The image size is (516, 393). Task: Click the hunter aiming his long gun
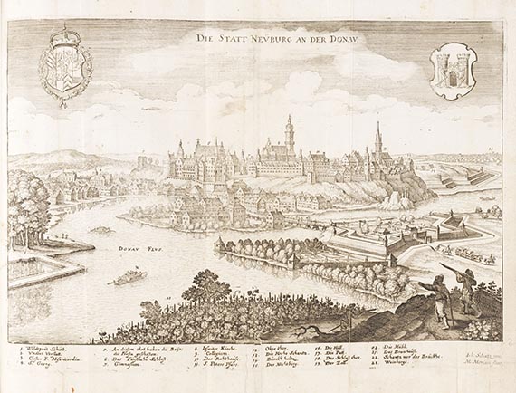[463, 285]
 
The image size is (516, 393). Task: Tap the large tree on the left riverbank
[27, 208]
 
